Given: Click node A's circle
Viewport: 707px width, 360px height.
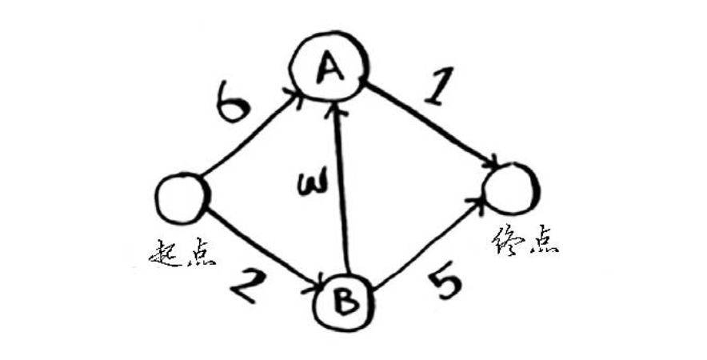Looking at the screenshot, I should pyautogui.click(x=329, y=69).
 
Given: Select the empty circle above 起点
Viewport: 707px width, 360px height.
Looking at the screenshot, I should pyautogui.click(x=182, y=199).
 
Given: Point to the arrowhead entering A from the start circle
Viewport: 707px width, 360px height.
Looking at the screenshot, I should pyautogui.click(x=295, y=99).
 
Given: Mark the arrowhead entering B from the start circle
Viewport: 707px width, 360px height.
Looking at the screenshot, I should pyautogui.click(x=315, y=283).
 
